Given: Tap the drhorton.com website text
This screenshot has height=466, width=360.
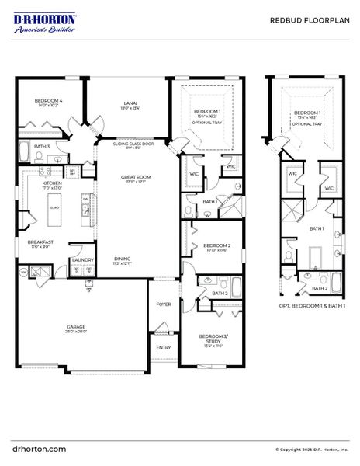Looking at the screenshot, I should pyautogui.click(x=40, y=448).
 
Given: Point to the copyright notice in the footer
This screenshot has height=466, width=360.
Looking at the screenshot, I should pyautogui.click(x=313, y=449).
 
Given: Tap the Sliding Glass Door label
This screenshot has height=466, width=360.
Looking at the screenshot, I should pyautogui.click(x=133, y=144).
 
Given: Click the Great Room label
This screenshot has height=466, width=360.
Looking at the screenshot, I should pyautogui.click(x=134, y=178).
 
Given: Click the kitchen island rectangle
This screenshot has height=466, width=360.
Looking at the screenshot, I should pyautogui.click(x=54, y=207).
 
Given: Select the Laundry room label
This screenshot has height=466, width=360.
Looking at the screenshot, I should pyautogui.click(x=82, y=260).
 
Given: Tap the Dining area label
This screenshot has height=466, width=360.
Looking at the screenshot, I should pyautogui.click(x=123, y=259).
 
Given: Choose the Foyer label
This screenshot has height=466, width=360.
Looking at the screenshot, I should pyautogui.click(x=164, y=304).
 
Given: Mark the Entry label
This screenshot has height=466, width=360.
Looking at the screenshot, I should pyautogui.click(x=163, y=347).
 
